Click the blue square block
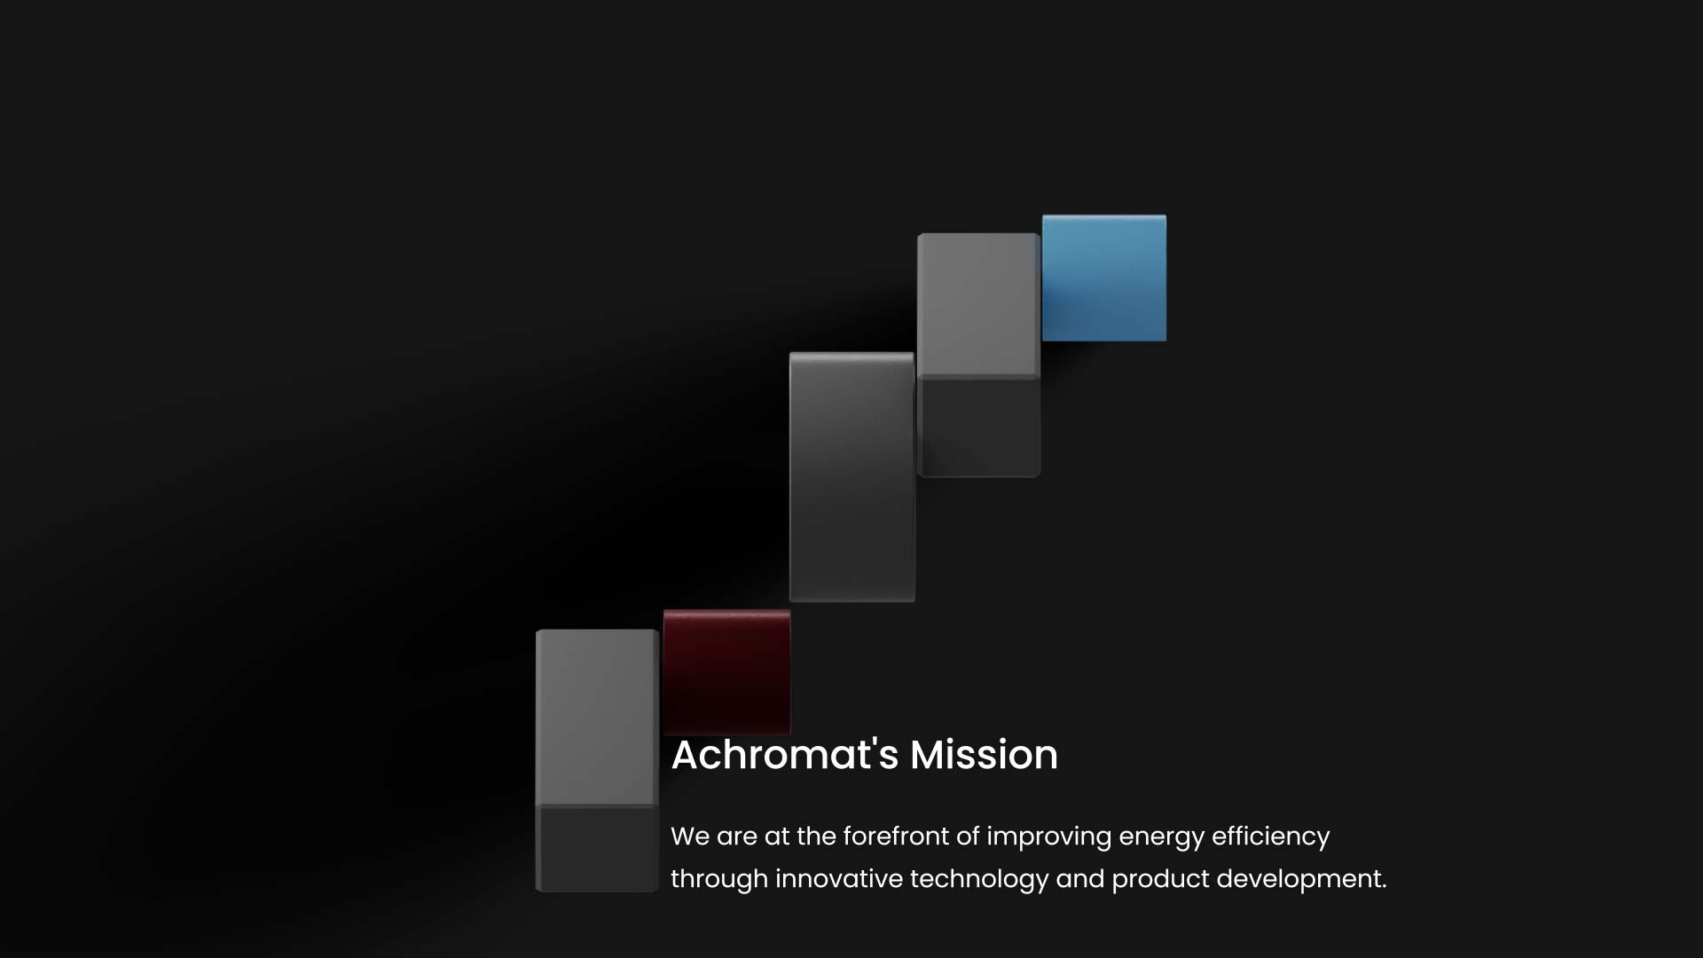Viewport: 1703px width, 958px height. [x=1104, y=278]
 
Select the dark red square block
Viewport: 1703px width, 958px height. [x=726, y=671]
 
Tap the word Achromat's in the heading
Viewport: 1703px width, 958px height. [x=785, y=755]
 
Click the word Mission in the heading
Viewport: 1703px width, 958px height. [x=984, y=755]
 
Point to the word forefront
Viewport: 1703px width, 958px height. [x=896, y=836]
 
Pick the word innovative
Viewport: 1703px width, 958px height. [x=838, y=879]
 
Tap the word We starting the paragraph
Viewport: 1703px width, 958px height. [x=690, y=836]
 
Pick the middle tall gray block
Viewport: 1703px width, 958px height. [x=851, y=477]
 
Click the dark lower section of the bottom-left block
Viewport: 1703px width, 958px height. [x=597, y=849]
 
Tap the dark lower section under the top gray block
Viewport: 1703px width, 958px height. [x=978, y=427]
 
